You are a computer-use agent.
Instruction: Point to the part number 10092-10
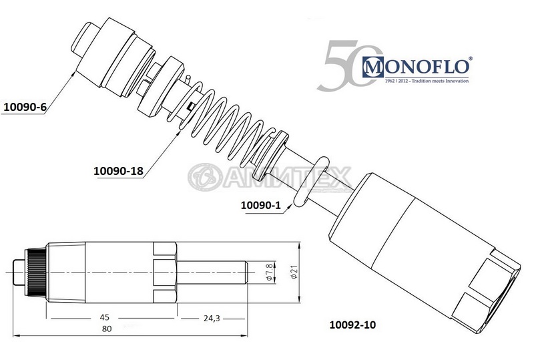pyautogui.click(x=353, y=325)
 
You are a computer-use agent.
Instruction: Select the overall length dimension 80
pyautogui.click(x=107, y=329)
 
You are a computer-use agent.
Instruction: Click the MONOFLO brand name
pyautogui.click(x=417, y=67)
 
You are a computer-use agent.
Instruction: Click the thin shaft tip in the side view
pyautogui.click(x=214, y=273)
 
